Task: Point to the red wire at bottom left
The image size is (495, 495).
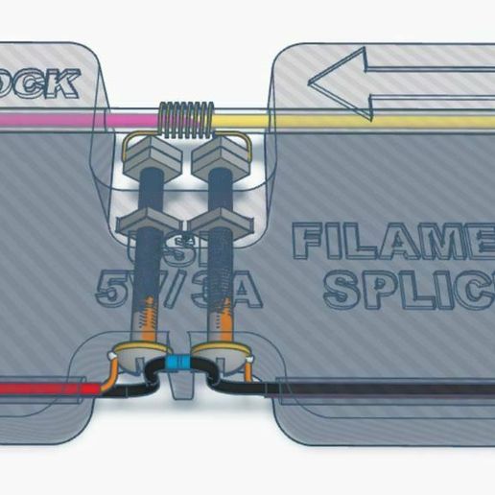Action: coord(48,389)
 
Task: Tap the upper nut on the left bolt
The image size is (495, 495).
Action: coord(153,152)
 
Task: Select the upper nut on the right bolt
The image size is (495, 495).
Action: coord(220,152)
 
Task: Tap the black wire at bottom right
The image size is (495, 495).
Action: coord(384,388)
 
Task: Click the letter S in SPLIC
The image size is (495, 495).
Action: coord(341,286)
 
